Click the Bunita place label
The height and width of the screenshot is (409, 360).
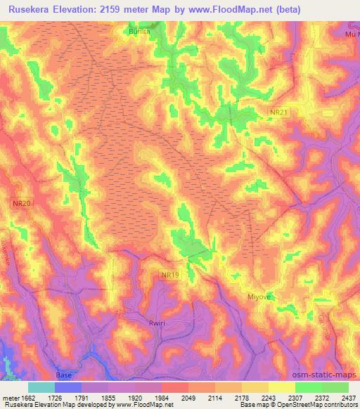click(x=138, y=32)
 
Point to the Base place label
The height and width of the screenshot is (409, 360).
click(x=64, y=375)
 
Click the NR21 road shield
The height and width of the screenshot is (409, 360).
click(x=278, y=112)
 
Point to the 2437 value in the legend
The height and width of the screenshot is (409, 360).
click(x=349, y=397)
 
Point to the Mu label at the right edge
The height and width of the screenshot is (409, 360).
click(x=351, y=34)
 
